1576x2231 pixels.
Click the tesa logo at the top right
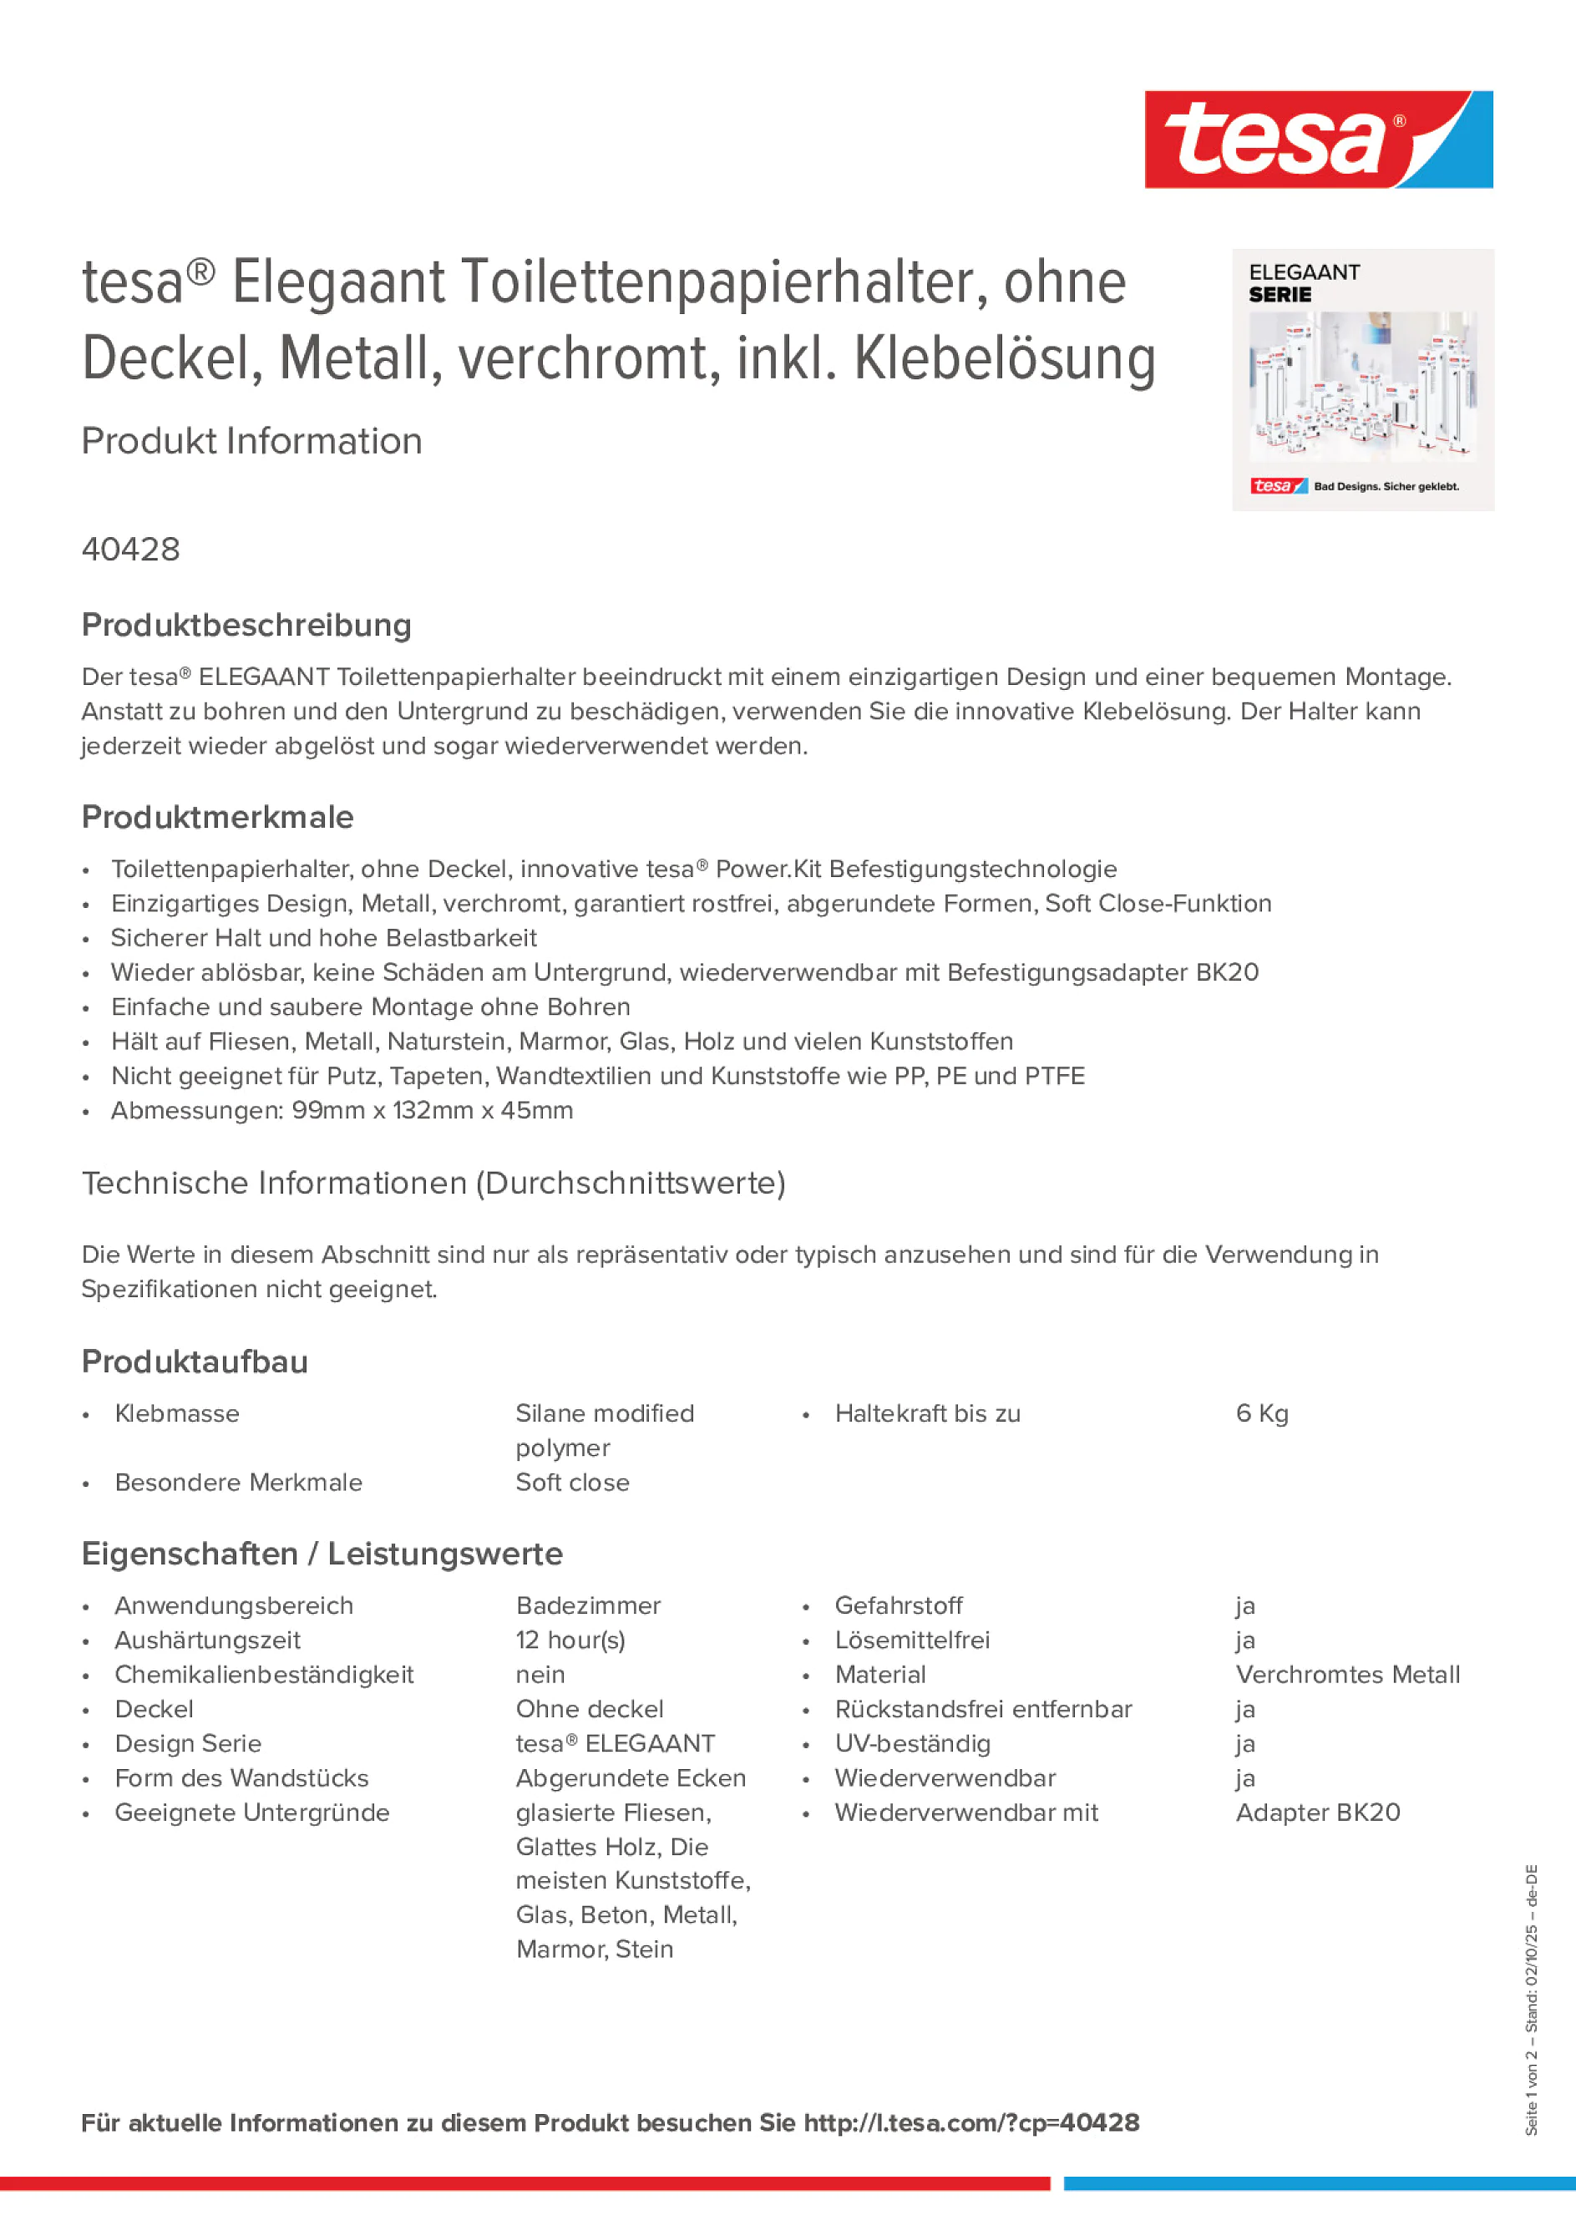click(1318, 139)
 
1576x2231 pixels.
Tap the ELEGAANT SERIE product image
click(1362, 380)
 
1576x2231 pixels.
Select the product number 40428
click(131, 550)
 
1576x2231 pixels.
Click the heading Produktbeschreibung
click(246, 626)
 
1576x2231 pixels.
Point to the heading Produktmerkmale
click(218, 817)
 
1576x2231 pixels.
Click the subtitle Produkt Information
click(251, 441)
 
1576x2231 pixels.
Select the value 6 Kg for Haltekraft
click(1261, 1414)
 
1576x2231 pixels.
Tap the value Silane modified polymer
click(605, 1430)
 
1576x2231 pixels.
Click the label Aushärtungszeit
click(207, 1640)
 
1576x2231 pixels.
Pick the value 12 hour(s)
click(570, 1640)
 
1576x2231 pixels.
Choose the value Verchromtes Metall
click(1346, 1674)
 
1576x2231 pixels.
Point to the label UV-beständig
click(912, 1743)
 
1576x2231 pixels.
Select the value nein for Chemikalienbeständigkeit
click(540, 1674)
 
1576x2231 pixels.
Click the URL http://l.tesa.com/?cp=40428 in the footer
click(970, 2123)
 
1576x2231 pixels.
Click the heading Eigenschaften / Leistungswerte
click(322, 1554)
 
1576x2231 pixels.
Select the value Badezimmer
click(588, 1605)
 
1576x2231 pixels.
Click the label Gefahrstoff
click(898, 1605)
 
